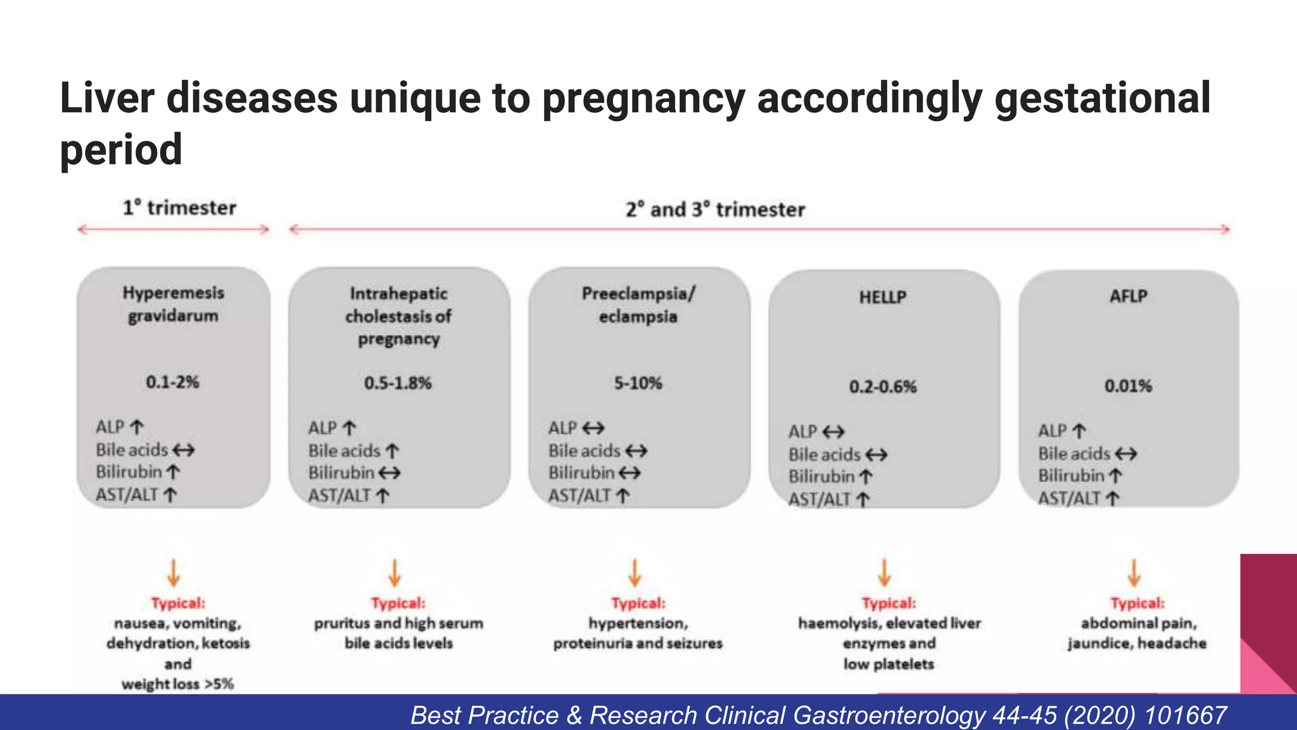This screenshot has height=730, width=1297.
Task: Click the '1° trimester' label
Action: point(179,208)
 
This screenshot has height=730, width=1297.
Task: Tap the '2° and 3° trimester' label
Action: point(715,210)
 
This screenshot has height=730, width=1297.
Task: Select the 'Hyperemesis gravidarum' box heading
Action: point(174,304)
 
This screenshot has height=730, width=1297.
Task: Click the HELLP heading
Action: point(883,297)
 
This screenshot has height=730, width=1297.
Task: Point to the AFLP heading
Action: point(1128,297)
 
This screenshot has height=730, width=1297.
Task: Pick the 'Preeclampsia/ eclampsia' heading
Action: point(638,305)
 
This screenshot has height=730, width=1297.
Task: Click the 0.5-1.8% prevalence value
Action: point(398,383)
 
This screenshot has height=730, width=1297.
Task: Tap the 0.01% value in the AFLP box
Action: point(1128,386)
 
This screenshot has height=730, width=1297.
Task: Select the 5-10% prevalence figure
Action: point(638,383)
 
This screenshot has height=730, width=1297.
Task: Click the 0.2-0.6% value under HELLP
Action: point(883,387)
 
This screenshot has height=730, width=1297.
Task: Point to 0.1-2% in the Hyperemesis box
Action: point(172,382)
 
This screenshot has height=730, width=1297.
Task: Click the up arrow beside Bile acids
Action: point(393,451)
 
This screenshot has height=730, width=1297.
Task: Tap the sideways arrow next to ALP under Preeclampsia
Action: point(593,429)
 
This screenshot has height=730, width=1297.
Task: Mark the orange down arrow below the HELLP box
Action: point(885,572)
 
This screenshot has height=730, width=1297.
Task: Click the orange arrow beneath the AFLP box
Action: point(1134,572)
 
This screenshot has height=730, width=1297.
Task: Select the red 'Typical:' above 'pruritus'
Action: point(398,603)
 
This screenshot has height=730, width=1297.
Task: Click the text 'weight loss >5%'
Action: point(178,684)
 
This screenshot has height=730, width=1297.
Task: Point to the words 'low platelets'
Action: point(889,664)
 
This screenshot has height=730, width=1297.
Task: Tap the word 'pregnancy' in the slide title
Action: point(643,99)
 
